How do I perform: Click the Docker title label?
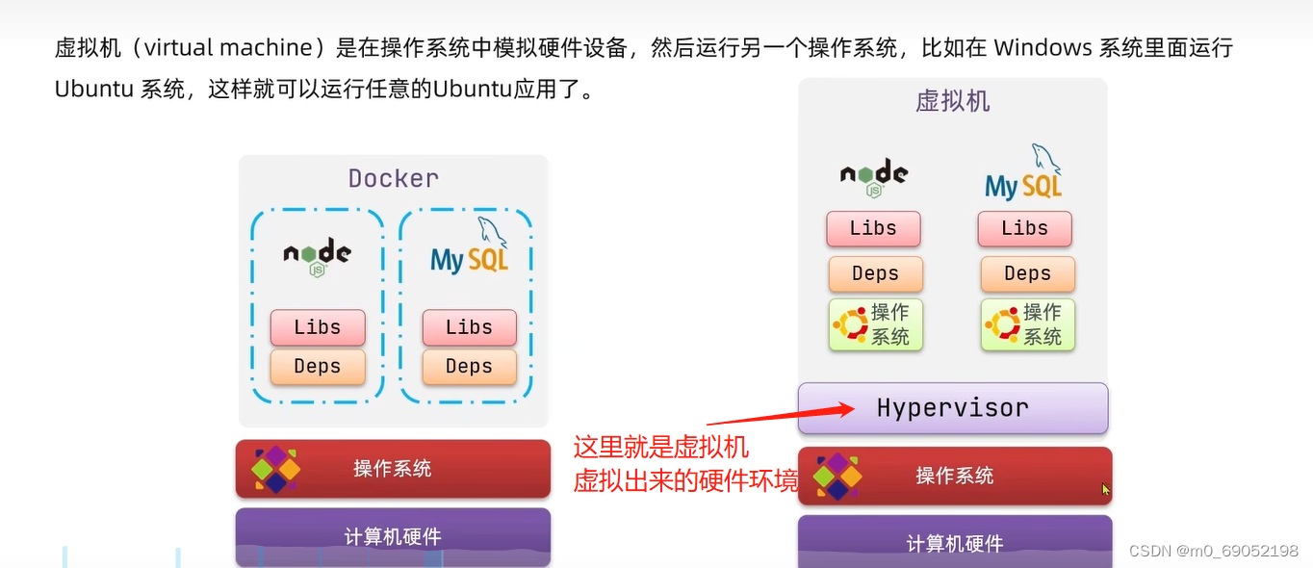coord(393,178)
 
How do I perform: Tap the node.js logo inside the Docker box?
coord(317,256)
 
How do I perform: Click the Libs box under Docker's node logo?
coord(318,327)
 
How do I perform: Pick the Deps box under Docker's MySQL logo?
coord(469,367)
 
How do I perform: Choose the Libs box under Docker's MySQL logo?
coord(469,327)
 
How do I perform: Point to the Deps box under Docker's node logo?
coord(318,367)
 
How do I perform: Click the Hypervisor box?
coord(952,408)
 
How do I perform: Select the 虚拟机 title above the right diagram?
coord(952,101)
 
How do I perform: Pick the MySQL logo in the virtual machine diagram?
coord(1024,175)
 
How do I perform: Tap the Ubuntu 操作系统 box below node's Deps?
coord(875,324)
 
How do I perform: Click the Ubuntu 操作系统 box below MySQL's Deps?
coord(1027,324)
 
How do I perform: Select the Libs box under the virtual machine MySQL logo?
coord(1024,229)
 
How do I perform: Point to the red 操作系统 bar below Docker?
coord(393,469)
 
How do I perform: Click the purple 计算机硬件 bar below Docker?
coord(393,536)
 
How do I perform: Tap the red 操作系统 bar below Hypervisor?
coord(954,476)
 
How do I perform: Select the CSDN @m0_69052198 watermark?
coord(1213,551)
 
